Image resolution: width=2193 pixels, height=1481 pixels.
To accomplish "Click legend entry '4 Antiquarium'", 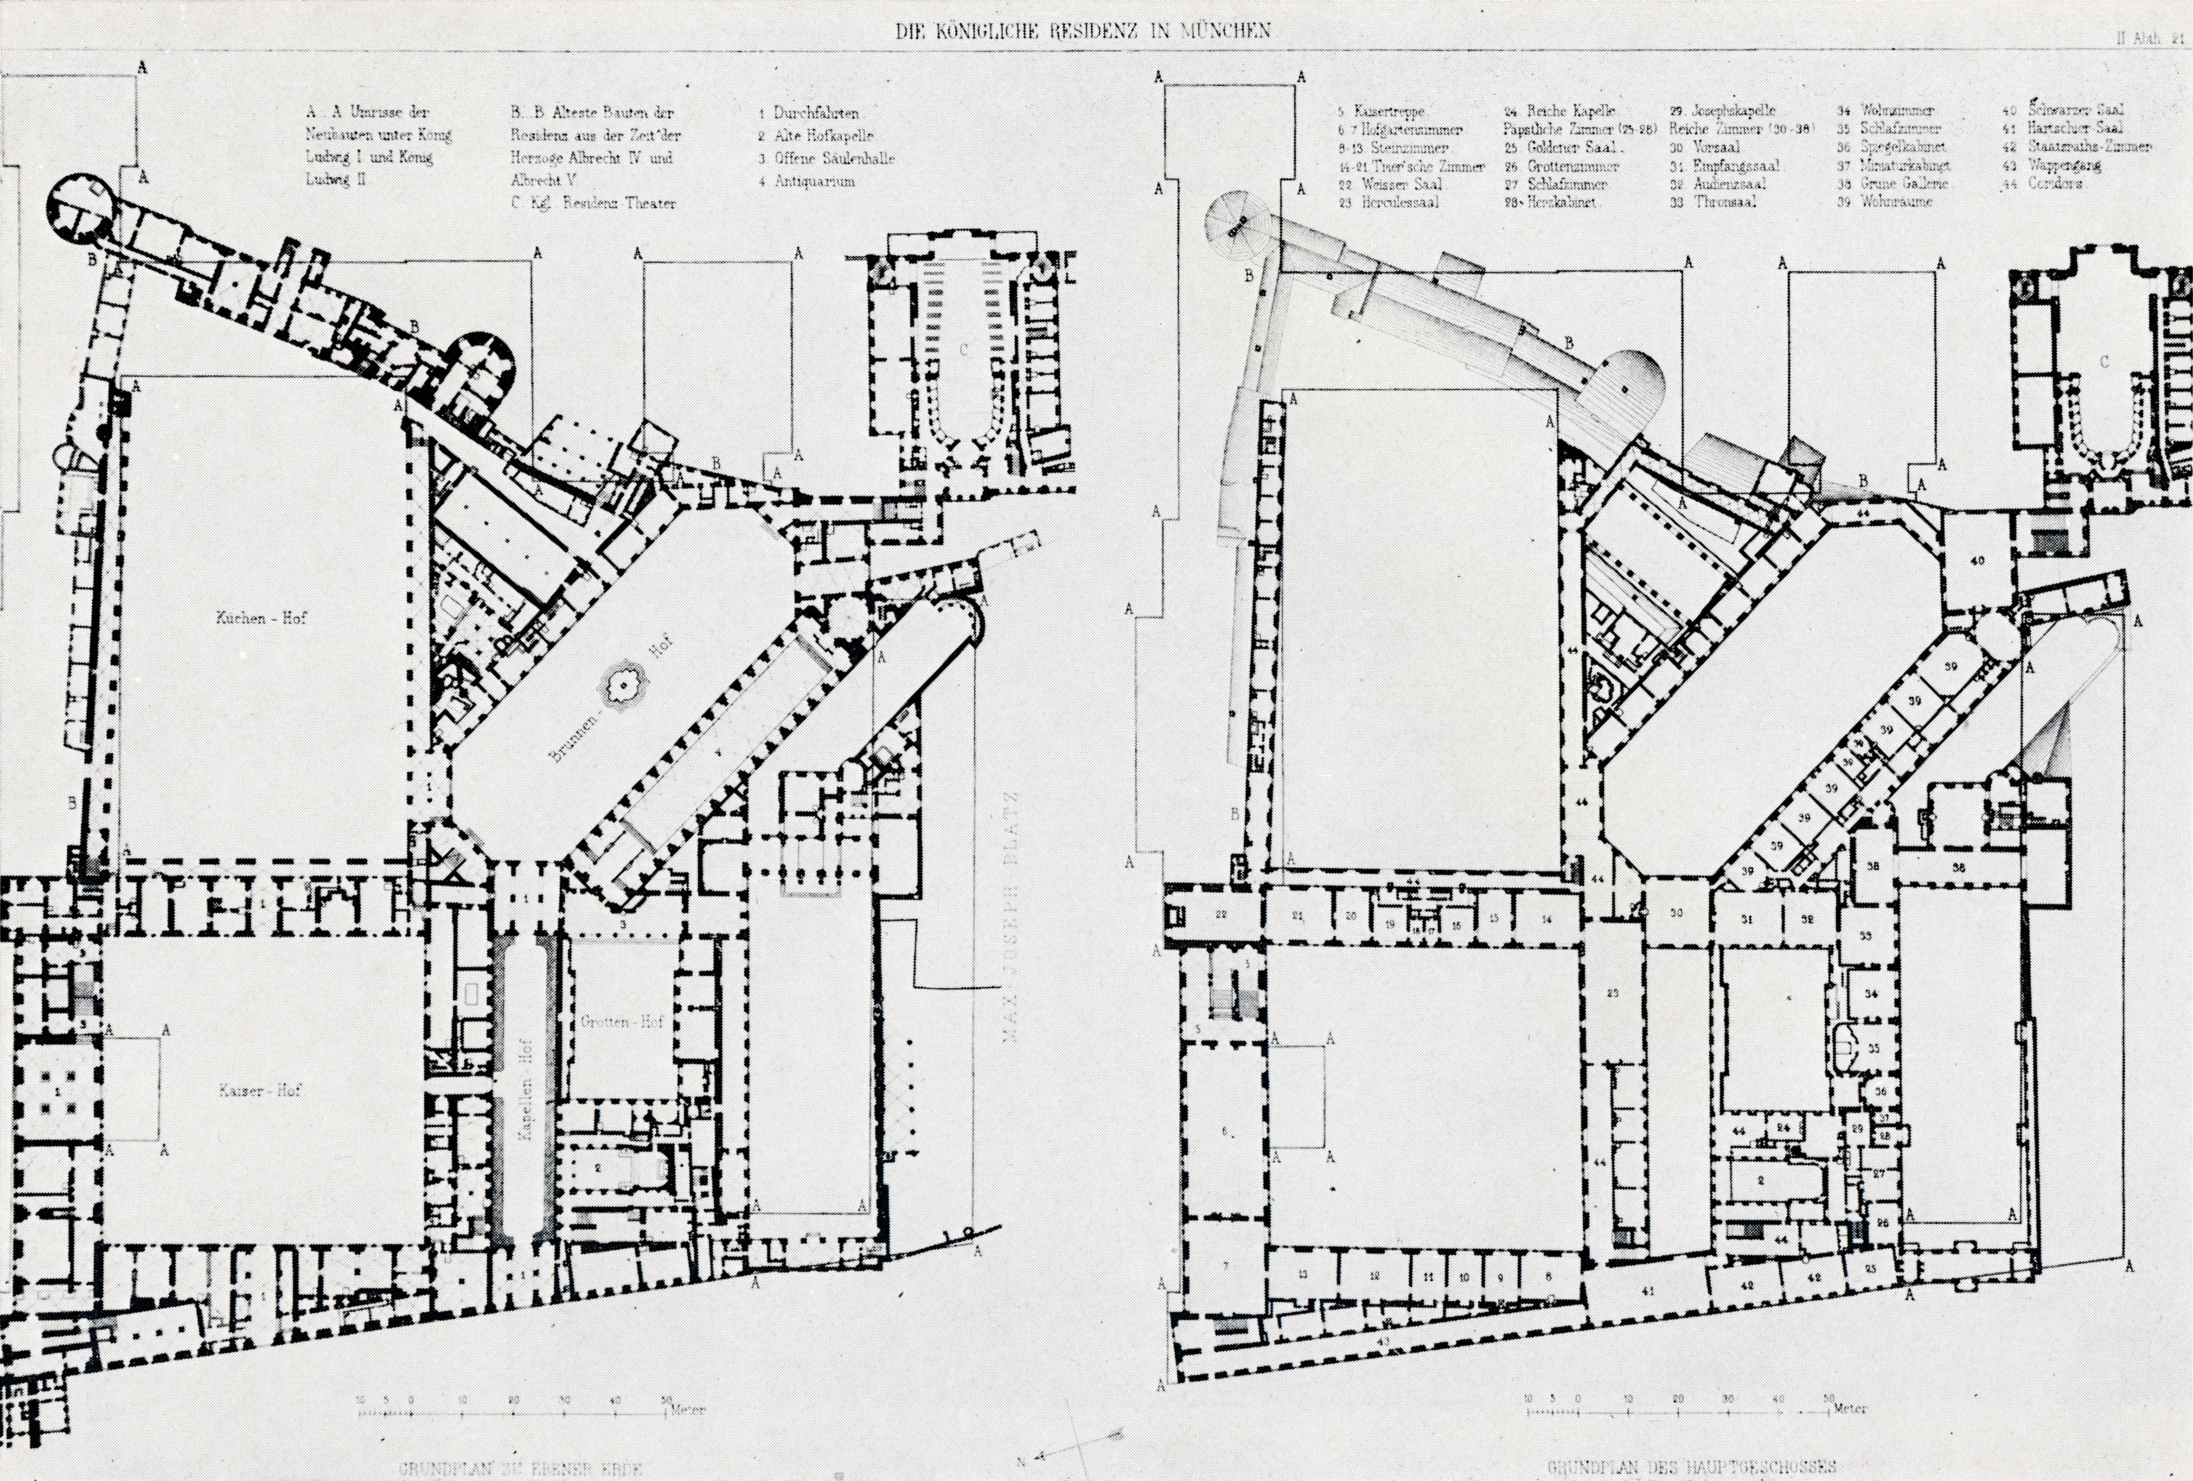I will pos(807,181).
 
